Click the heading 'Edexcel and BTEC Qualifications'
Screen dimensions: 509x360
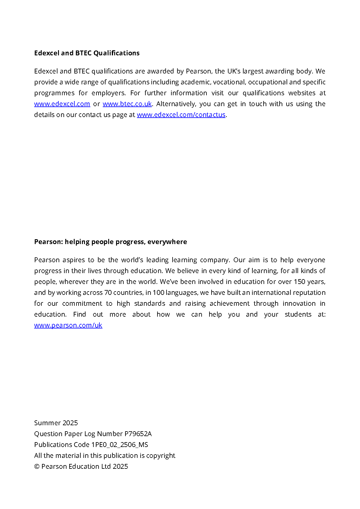[x=87, y=53]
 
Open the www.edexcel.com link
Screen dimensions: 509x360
[x=62, y=104]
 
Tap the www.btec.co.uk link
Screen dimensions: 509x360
[x=127, y=104]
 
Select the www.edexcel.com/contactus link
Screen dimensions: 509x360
[x=181, y=115]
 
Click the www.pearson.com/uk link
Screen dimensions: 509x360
[x=68, y=325]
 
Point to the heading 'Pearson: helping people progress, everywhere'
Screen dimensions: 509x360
[x=110, y=242]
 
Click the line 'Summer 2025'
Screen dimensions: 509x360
[x=56, y=423]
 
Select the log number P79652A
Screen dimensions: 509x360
[x=138, y=434]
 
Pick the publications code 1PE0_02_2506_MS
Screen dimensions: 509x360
[x=120, y=445]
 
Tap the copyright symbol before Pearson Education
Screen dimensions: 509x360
[x=37, y=467]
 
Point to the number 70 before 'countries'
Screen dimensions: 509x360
[x=108, y=293]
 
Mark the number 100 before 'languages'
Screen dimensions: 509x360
[x=158, y=293]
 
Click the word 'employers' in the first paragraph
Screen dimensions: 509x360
[x=108, y=93]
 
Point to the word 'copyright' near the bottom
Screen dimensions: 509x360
[x=161, y=456]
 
